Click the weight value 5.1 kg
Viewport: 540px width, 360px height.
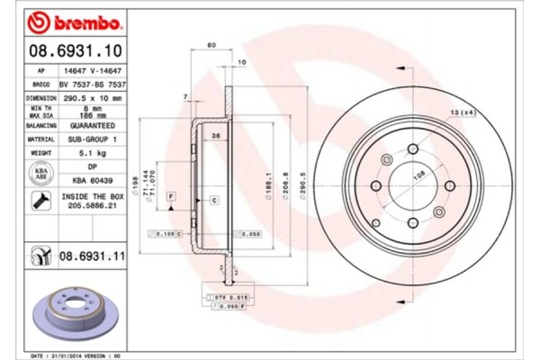point(92,153)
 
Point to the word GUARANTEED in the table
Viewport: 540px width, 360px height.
point(92,127)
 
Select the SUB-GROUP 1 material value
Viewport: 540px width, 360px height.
point(92,139)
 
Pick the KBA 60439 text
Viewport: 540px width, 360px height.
point(92,180)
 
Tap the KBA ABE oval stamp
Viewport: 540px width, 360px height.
point(41,174)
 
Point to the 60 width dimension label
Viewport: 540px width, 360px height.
point(211,45)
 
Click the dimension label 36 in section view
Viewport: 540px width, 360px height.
point(216,135)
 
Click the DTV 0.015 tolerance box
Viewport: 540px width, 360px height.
point(218,296)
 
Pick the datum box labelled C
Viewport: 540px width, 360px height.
point(213,201)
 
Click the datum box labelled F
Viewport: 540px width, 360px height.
point(171,195)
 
